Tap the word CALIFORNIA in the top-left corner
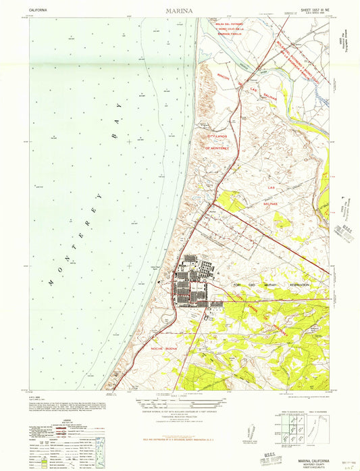pos(42,11)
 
